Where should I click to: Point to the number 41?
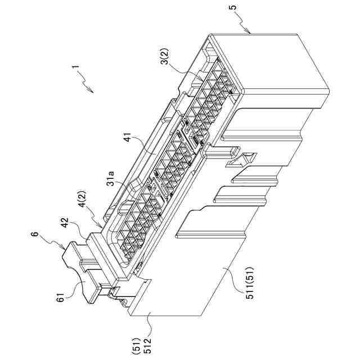[127, 136]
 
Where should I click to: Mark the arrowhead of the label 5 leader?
[250, 33]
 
